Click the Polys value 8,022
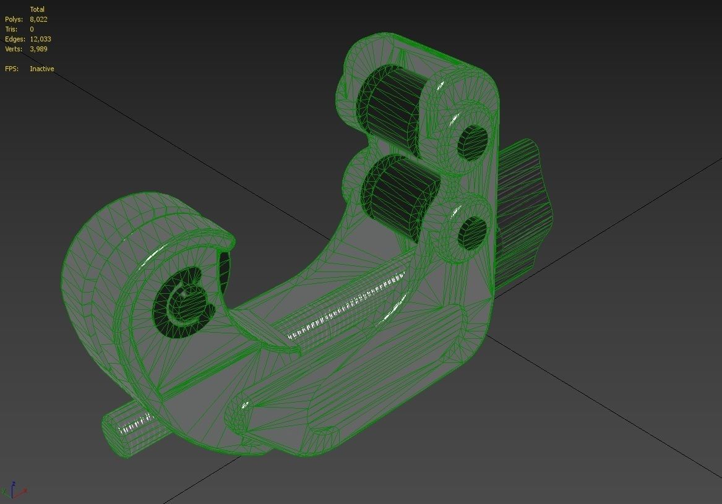pyautogui.click(x=38, y=19)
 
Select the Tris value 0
pyautogui.click(x=32, y=29)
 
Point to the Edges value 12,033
pyautogui.click(x=40, y=39)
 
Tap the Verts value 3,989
pyautogui.click(x=38, y=49)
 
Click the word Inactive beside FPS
pyautogui.click(x=41, y=69)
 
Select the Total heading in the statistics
pyautogui.click(x=37, y=9)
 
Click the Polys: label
pyautogui.click(x=14, y=19)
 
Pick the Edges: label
pyautogui.click(x=14, y=39)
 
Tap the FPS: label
pyautogui.click(x=12, y=69)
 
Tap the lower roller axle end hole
pyautogui.click(x=472, y=233)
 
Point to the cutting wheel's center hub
pyautogui.click(x=184, y=301)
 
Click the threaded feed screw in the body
pyautogui.click(x=346, y=306)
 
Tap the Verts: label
pyautogui.click(x=14, y=49)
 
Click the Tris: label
pyautogui.click(x=11, y=29)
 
